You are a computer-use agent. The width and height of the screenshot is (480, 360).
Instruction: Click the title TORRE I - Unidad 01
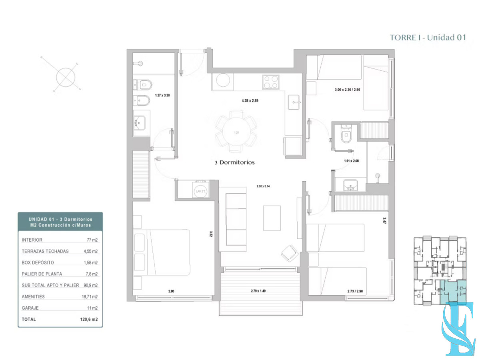pyautogui.click(x=428, y=38)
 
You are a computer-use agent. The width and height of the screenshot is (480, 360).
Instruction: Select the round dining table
pyautogui.click(x=236, y=132)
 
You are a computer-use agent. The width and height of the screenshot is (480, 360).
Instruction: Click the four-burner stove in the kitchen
pyautogui.click(x=270, y=83)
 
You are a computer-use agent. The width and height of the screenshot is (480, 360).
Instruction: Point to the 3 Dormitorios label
pyautogui.click(x=235, y=163)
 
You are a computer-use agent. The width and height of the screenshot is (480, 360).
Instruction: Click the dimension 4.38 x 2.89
pyautogui.click(x=250, y=101)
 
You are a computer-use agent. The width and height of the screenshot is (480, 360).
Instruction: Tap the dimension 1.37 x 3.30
pyautogui.click(x=163, y=96)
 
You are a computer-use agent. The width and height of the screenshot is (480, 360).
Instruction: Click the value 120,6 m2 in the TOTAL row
pyautogui.click(x=88, y=320)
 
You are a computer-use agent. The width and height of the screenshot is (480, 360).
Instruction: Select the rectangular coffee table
pyautogui.click(x=272, y=218)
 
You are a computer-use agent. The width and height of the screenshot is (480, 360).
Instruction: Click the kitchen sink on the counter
pyautogui.click(x=296, y=102)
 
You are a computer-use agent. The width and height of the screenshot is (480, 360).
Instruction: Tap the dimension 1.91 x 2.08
pyautogui.click(x=352, y=161)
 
